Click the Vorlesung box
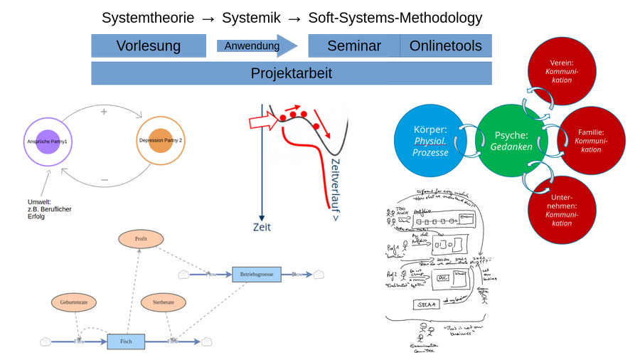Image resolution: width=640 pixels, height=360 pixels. pos(149,47)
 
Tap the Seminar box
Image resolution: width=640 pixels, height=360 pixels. pos(353,47)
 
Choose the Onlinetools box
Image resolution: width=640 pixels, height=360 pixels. pos(446,47)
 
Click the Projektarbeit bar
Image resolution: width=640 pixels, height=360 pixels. pos(291,73)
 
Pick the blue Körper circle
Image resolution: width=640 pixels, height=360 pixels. pos(431,142)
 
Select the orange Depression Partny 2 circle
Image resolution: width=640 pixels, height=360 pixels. pos(161,140)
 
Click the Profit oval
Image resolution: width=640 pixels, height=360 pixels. pos(141,240)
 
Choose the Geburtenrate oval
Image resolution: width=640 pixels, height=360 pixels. pos(74,302)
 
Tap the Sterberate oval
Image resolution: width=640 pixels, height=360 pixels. pos(163,302)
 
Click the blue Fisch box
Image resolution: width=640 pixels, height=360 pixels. pos(126,342)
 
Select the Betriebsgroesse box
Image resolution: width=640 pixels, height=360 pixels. pos(257,273)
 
